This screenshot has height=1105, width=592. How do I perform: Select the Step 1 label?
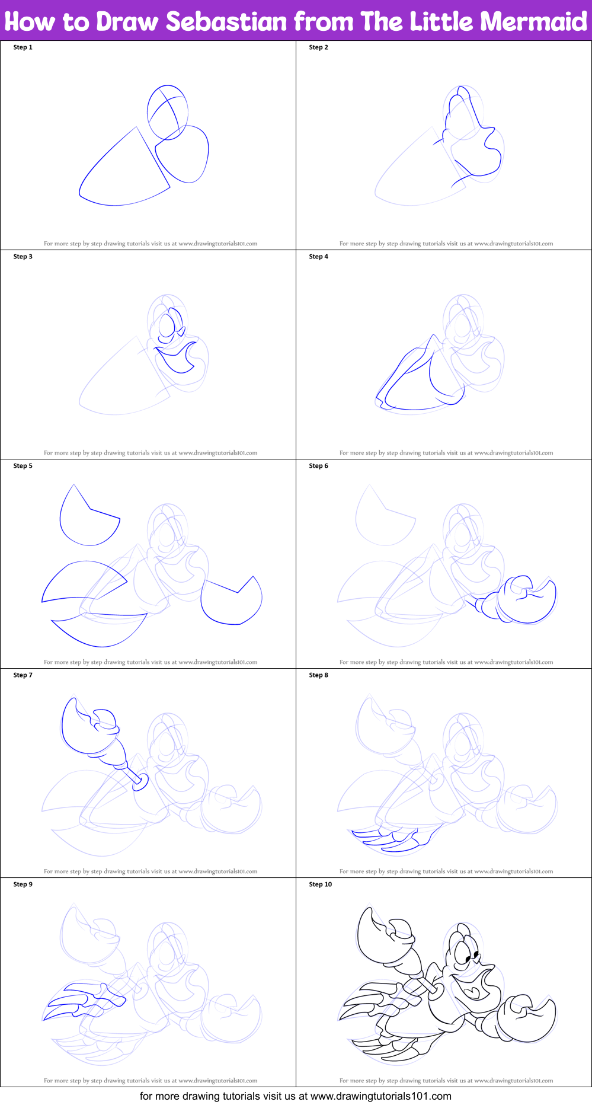point(23,47)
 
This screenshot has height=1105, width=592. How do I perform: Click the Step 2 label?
point(319,47)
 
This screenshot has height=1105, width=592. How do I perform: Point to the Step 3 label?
point(23,257)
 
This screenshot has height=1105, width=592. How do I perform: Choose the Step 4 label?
point(319,257)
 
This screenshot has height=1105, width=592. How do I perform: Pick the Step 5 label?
point(23,466)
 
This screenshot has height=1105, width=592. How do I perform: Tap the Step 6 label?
point(319,466)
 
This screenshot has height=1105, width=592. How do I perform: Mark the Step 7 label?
point(23,675)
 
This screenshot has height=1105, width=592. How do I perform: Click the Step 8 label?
point(319,675)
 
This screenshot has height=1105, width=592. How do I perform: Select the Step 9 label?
point(23,884)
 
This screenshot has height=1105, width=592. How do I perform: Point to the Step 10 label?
point(321,884)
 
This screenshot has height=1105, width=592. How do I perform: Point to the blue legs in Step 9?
point(86,1001)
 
